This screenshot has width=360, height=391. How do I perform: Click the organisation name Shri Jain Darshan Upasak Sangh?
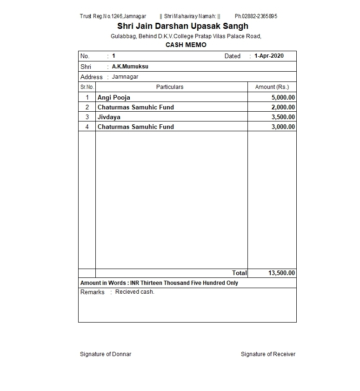(x=182, y=26)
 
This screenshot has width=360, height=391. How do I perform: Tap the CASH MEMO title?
(x=186, y=45)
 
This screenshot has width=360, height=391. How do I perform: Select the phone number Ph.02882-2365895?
(x=256, y=16)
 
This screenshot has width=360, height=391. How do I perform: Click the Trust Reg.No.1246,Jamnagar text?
(x=113, y=16)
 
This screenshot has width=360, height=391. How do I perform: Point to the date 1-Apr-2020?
(x=269, y=56)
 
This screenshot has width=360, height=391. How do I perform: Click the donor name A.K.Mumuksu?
(x=130, y=67)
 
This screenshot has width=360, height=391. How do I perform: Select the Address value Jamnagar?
(x=125, y=77)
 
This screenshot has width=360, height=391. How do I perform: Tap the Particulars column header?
(x=170, y=87)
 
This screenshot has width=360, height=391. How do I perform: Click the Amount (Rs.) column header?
(x=272, y=87)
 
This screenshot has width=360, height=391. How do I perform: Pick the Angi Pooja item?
(x=114, y=98)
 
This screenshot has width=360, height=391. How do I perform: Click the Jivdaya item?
(x=109, y=117)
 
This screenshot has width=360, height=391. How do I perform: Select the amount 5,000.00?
(x=283, y=98)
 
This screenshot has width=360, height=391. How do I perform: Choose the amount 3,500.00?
(x=283, y=117)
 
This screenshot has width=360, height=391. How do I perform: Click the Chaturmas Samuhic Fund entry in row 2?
(x=135, y=108)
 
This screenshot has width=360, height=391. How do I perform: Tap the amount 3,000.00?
(x=283, y=127)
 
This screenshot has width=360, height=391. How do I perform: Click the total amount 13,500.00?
(x=281, y=273)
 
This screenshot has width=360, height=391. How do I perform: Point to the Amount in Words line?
(x=159, y=283)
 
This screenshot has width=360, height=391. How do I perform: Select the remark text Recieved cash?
(x=134, y=292)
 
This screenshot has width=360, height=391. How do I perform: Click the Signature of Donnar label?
(x=106, y=354)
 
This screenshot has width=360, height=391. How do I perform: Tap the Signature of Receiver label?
(x=268, y=354)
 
